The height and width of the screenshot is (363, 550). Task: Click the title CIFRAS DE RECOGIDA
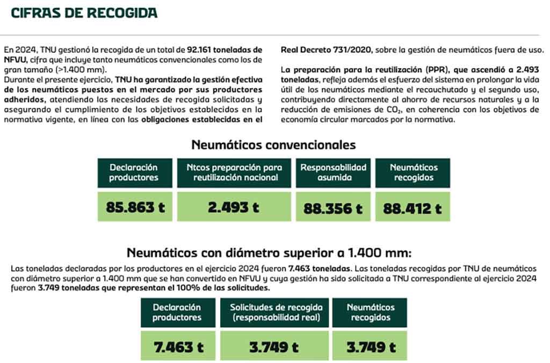pyautogui.click(x=84, y=13)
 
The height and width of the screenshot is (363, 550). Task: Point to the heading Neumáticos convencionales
pyautogui.click(x=273, y=144)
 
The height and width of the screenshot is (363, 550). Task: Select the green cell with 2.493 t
pyautogui.click(x=234, y=207)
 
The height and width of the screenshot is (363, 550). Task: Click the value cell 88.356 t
pyautogui.click(x=333, y=208)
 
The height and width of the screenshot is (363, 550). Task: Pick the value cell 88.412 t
pyautogui.click(x=412, y=208)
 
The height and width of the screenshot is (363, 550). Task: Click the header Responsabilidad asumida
pyautogui.click(x=333, y=172)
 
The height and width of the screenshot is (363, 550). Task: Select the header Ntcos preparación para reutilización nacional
pyautogui.click(x=234, y=172)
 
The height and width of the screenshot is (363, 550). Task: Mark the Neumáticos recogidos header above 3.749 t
pyautogui.click(x=370, y=313)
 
